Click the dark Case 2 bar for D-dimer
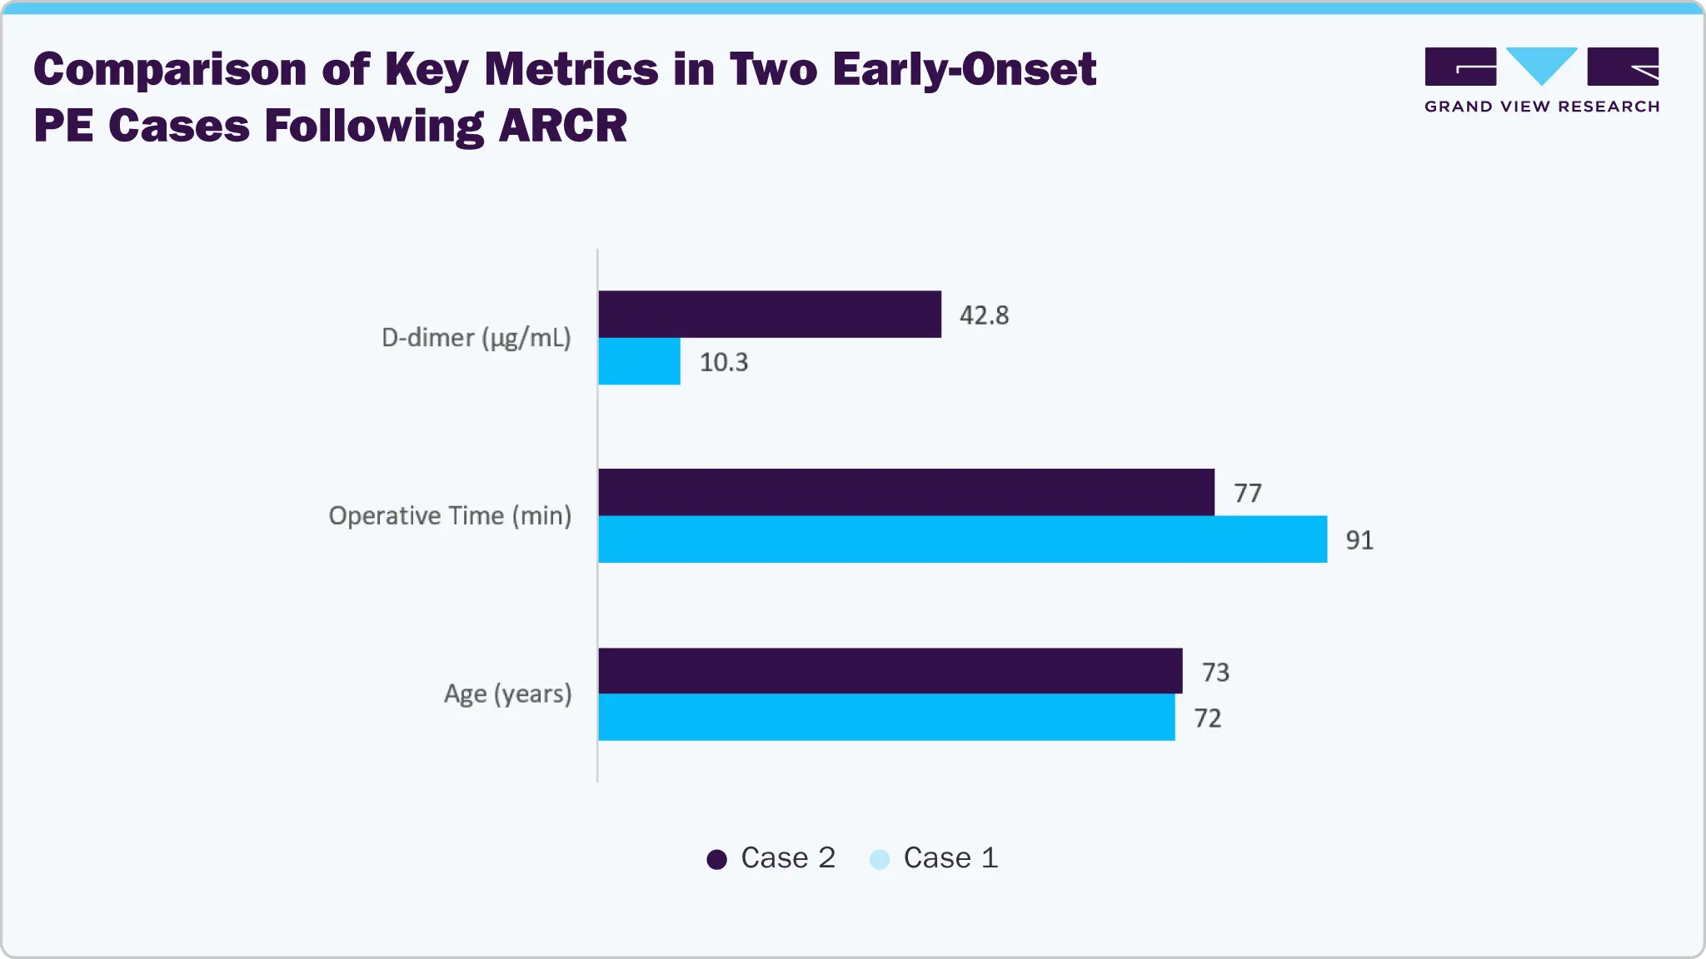click(770, 314)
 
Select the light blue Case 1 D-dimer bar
click(639, 361)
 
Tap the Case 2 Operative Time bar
click(906, 492)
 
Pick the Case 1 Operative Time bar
click(962, 539)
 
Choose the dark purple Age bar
click(890, 671)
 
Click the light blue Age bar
click(886, 718)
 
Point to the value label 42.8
click(984, 316)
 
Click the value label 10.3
click(723, 362)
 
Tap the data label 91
click(1359, 540)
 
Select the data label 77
click(1247, 493)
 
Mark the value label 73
click(1215, 672)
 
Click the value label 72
click(1207, 718)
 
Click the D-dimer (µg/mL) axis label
click(476, 338)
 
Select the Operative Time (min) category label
click(450, 516)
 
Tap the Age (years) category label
click(507, 693)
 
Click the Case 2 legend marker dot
click(716, 859)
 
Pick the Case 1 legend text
click(950, 857)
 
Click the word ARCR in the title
click(562, 127)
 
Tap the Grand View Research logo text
click(1541, 107)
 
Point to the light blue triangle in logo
click(1542, 62)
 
